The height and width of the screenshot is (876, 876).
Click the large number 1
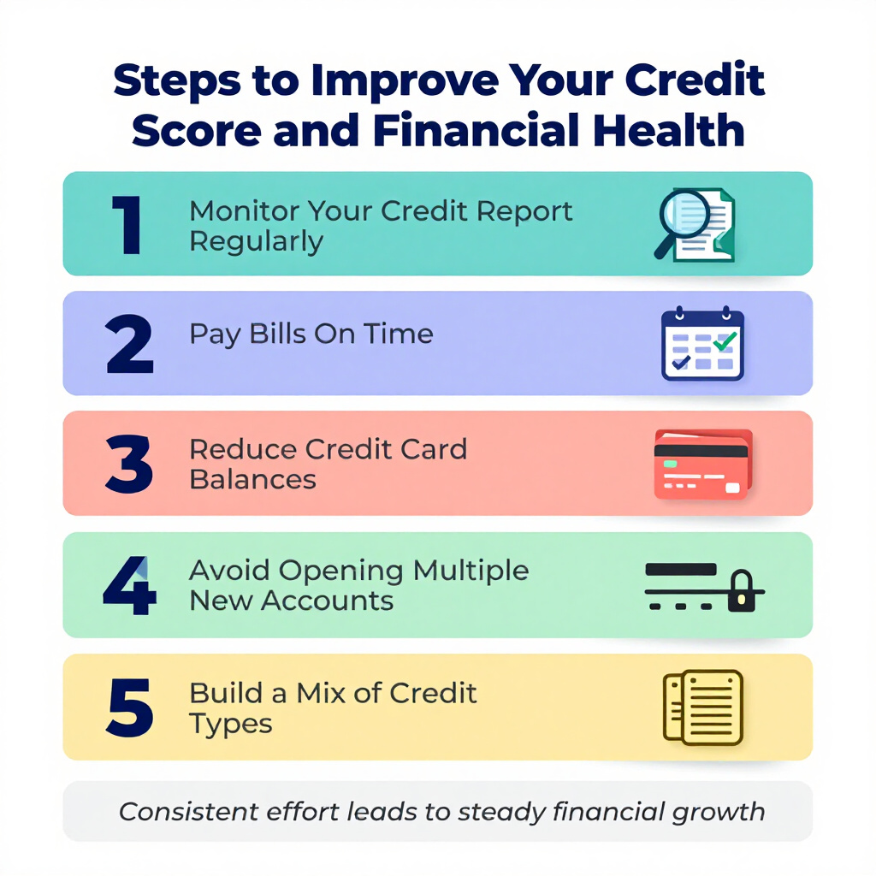pyautogui.click(x=127, y=225)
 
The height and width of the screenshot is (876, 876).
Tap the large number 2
pyautogui.click(x=130, y=344)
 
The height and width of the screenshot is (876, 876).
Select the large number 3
pyautogui.click(x=129, y=465)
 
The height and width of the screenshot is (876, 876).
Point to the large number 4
pyautogui.click(x=130, y=585)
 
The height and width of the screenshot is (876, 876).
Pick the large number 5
pyautogui.click(x=130, y=707)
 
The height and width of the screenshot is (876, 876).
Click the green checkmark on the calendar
pyautogui.click(x=725, y=340)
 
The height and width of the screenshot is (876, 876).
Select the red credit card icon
pyautogui.click(x=703, y=465)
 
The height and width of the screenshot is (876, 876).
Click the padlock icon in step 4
pyautogui.click(x=742, y=592)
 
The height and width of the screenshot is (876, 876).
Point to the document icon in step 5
pyautogui.click(x=703, y=707)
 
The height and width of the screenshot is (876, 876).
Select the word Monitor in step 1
pyautogui.click(x=245, y=211)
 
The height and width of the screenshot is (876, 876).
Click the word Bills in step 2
pyautogui.click(x=278, y=334)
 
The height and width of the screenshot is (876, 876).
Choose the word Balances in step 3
pyautogui.click(x=253, y=480)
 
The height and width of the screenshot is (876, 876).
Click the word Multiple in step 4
pyautogui.click(x=471, y=571)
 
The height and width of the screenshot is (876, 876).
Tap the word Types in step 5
pyautogui.click(x=231, y=725)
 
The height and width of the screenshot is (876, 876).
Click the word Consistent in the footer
pyautogui.click(x=189, y=812)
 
